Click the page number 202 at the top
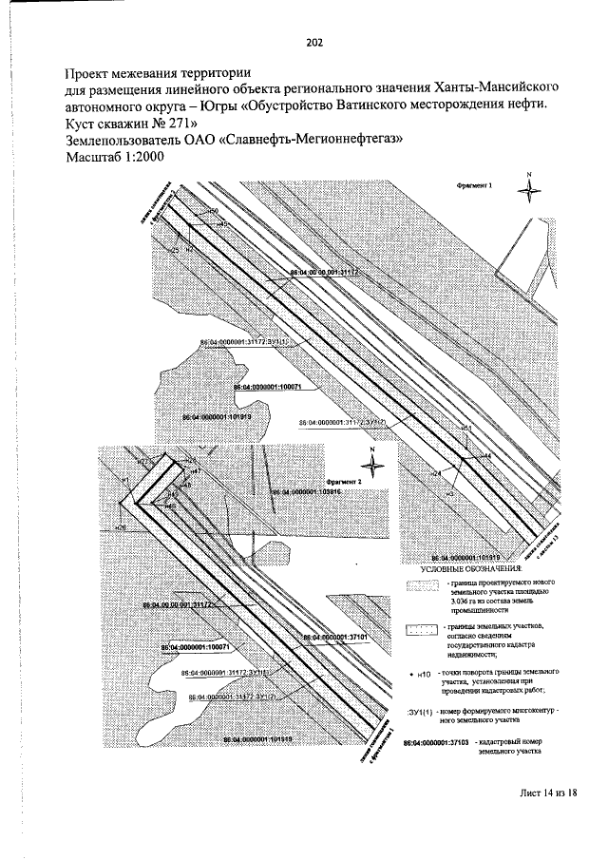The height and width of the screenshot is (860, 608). click(x=315, y=42)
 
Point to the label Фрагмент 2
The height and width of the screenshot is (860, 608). click(x=343, y=483)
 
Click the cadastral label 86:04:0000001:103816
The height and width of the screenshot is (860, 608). click(x=305, y=492)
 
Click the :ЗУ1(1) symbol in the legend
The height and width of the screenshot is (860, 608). click(x=420, y=711)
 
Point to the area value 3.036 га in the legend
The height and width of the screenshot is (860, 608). click(x=461, y=601)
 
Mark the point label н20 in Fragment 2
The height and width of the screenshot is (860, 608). click(x=120, y=526)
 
